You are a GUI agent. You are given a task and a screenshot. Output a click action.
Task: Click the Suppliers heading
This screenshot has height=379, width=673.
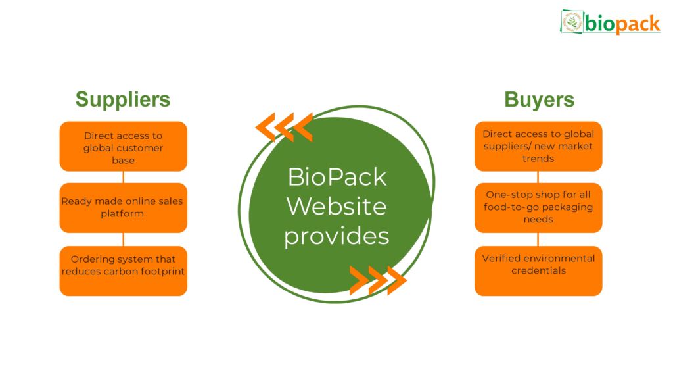click(x=123, y=99)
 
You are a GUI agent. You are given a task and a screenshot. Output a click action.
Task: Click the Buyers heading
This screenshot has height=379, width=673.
click(x=539, y=99)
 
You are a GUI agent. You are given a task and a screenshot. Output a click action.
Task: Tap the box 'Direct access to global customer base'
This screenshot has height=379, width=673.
click(x=123, y=147)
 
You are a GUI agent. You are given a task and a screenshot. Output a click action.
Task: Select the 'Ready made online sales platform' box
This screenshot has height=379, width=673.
click(x=123, y=208)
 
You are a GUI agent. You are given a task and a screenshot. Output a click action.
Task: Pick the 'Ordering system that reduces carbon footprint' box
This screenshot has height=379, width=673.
click(x=123, y=270)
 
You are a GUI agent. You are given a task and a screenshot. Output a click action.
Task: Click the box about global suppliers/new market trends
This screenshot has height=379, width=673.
click(x=538, y=147)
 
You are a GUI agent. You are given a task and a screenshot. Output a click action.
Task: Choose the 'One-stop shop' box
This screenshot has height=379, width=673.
click(x=538, y=208)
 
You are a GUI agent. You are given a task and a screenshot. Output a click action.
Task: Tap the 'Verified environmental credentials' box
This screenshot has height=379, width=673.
click(x=538, y=270)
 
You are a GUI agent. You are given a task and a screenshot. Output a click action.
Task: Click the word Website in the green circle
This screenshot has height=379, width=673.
click(x=336, y=206)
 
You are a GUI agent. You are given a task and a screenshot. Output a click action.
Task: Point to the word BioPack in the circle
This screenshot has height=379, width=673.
click(x=336, y=177)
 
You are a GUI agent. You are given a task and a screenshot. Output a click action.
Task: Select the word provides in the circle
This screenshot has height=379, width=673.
click(x=336, y=236)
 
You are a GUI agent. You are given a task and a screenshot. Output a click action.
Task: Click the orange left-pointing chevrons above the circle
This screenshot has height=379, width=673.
click(x=284, y=127)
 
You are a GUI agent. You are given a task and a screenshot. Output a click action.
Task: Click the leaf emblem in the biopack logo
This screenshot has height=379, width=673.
click(x=572, y=22)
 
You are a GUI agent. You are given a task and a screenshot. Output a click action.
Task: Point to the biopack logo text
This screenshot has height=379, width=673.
click(x=622, y=24)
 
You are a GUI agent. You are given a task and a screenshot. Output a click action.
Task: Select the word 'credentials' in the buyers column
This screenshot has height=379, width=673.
click(x=538, y=270)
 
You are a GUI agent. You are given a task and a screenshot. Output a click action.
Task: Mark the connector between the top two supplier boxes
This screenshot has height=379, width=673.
click(x=124, y=177)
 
